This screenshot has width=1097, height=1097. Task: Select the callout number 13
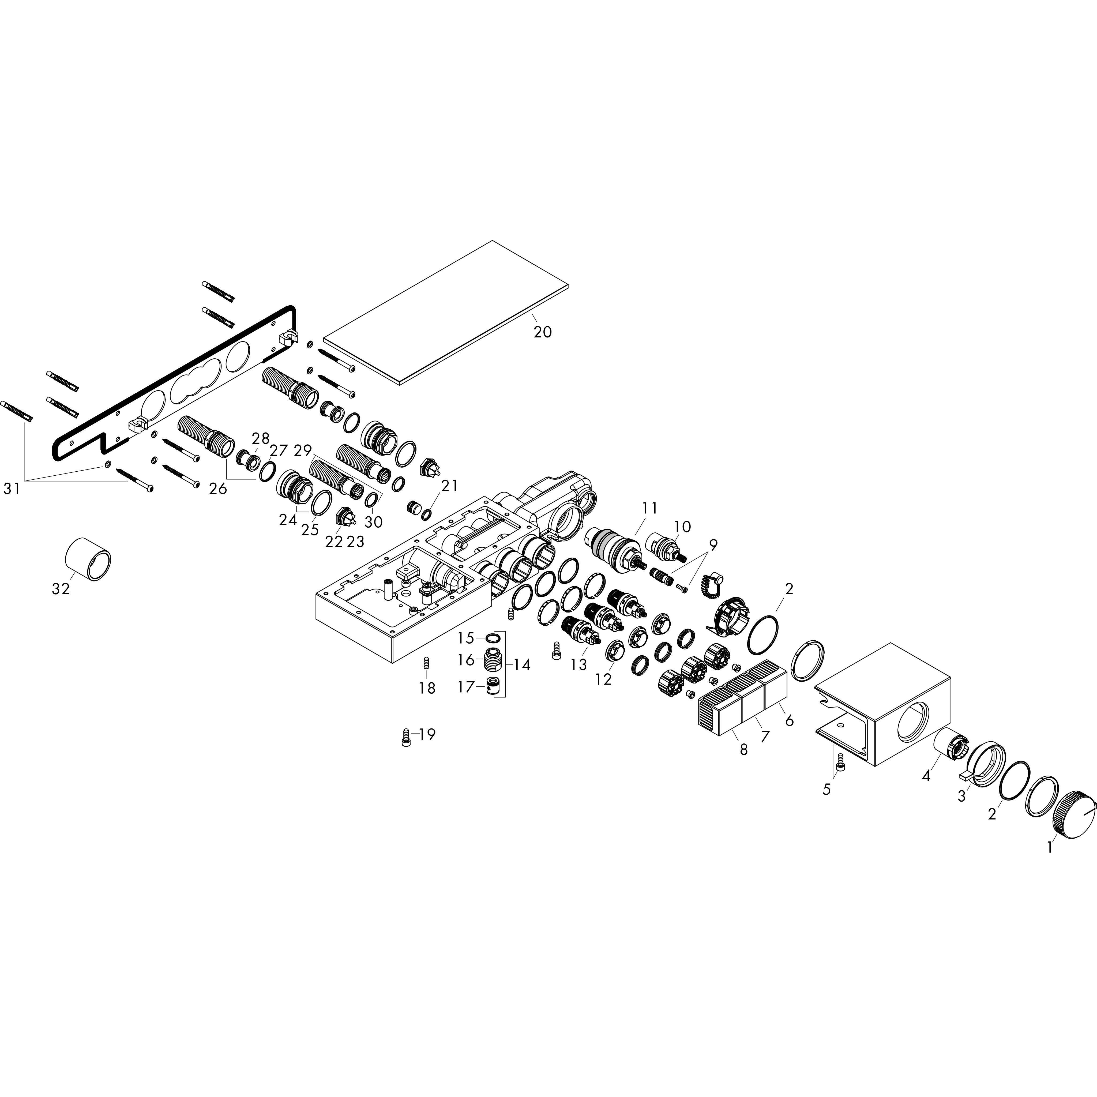pyautogui.click(x=578, y=664)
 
